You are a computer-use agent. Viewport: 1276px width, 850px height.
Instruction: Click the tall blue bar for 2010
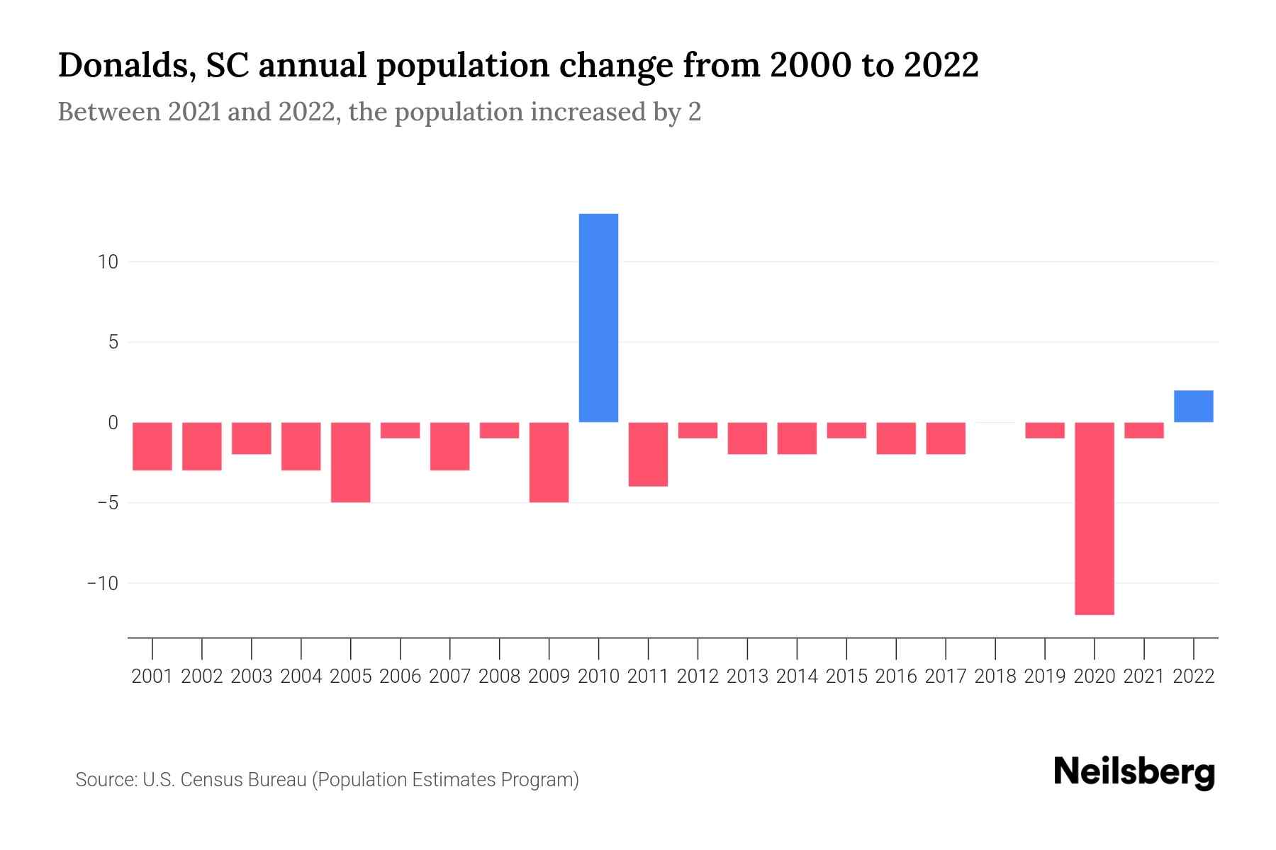pos(598,318)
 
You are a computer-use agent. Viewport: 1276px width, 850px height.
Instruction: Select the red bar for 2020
pos(1094,518)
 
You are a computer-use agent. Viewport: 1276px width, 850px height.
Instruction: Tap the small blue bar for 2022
pos(1193,407)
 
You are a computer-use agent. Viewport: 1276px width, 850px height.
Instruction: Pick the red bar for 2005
pos(351,462)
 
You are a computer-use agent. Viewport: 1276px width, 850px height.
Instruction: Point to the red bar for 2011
pos(648,454)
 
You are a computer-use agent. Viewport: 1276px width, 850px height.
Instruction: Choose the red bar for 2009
pos(549,462)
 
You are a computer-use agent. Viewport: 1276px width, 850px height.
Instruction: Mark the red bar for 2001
pos(152,446)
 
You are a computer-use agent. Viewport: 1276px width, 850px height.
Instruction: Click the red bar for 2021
pos(1143,431)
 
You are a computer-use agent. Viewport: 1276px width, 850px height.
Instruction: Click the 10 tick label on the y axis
pos(108,262)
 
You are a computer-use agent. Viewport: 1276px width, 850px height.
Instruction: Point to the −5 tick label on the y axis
pos(102,503)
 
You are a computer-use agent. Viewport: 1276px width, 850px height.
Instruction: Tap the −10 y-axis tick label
pos(102,583)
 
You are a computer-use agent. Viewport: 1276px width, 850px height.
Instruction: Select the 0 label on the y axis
pos(113,423)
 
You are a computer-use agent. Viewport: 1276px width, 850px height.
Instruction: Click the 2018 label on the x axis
pos(995,676)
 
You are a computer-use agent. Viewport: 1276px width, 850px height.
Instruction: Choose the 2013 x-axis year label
pos(747,676)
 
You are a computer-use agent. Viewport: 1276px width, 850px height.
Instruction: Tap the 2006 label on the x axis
pos(401,676)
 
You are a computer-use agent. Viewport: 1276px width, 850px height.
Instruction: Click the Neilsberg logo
pos(1134,773)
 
